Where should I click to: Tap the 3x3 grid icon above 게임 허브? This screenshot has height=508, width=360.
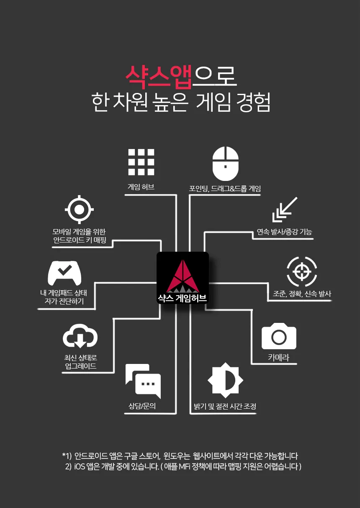(x=141, y=162)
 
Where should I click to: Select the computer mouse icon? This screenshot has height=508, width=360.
(x=225, y=163)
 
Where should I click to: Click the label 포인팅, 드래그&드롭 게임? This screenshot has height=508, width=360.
(x=225, y=189)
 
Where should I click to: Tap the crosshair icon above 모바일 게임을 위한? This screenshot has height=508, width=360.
(x=80, y=209)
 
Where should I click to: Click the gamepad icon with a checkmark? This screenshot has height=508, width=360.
(x=64, y=273)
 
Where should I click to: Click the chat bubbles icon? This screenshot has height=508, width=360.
(x=143, y=381)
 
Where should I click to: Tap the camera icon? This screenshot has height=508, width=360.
(x=279, y=336)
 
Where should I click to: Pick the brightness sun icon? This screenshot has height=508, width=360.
(x=225, y=380)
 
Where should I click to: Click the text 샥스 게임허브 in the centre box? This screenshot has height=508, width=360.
(x=183, y=298)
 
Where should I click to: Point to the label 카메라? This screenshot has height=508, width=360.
(x=278, y=358)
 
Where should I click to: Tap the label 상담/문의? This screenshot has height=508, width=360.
(x=142, y=406)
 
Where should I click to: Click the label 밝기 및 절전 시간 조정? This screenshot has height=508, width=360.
(x=225, y=406)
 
